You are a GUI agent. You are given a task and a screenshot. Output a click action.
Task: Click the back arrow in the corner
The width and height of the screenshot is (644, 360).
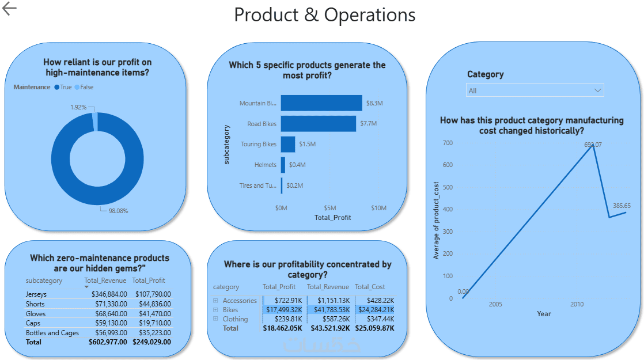coord(10,8)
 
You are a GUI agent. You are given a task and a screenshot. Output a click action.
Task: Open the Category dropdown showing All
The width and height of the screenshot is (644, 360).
coord(535,90)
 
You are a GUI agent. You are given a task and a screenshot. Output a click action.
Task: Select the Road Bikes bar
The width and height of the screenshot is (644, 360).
coord(319,124)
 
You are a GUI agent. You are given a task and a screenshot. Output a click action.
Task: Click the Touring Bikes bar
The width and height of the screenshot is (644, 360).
coord(288,144)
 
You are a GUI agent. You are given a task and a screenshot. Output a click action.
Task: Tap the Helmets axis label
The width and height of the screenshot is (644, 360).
coord(266,165)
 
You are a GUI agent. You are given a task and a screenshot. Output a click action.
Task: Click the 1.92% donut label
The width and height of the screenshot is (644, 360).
coord(78,107)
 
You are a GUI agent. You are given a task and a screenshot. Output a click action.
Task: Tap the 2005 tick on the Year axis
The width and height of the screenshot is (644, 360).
coord(495,304)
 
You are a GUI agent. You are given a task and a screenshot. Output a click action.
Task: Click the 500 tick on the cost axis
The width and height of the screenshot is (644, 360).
coord(448,210)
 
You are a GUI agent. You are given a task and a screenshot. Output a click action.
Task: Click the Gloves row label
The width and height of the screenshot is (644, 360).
coord(35,314)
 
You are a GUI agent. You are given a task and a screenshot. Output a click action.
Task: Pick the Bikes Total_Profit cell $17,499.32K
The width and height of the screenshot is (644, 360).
coord(283,310)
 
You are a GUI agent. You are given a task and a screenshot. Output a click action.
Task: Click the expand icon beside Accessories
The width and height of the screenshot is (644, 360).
coord(215,301)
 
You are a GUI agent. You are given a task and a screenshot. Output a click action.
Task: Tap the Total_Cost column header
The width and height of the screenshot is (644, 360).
coord(370,287)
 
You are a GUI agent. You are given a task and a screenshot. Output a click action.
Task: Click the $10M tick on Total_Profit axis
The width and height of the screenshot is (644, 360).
coord(378,208)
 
